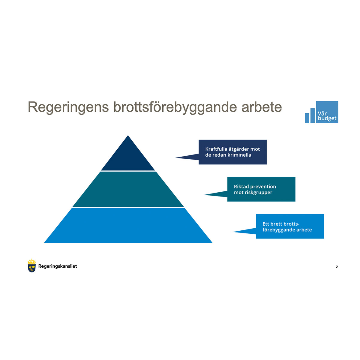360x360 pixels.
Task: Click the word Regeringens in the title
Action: click(x=68, y=107)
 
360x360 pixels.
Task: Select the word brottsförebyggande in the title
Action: click(x=175, y=107)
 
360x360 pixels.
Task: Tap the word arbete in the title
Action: click(x=262, y=107)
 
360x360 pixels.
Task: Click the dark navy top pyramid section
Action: click(x=128, y=157)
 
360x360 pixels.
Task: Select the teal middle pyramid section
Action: click(x=128, y=189)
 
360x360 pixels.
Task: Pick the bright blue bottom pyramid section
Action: click(x=128, y=226)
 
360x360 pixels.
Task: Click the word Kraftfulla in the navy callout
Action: click(x=216, y=149)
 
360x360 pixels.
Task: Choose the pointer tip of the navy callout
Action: click(x=175, y=158)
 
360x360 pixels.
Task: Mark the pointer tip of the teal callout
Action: click(x=204, y=195)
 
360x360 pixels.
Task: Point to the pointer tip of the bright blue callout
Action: click(x=233, y=232)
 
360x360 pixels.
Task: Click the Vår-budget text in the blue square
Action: click(x=327, y=116)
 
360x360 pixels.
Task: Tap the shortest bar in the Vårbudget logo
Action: click(x=307, y=118)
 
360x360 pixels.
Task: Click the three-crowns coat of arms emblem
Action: click(x=32, y=266)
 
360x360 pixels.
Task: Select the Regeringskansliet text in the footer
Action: click(x=58, y=266)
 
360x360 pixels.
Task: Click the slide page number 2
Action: click(x=337, y=267)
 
